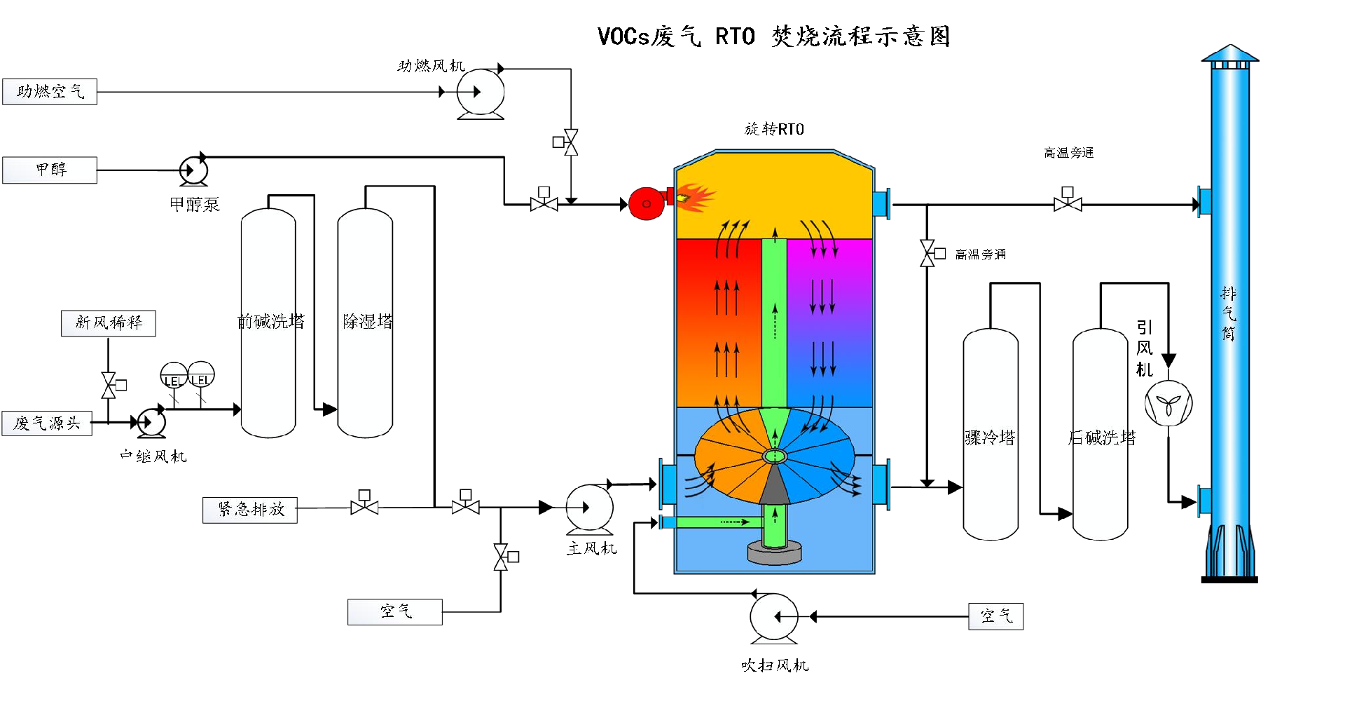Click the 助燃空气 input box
coord(50,92)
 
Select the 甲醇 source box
coord(50,170)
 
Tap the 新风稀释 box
coord(109,323)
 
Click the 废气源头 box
coord(47,423)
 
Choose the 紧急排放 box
coord(250,510)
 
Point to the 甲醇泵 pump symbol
coord(193,170)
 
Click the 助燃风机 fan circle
coord(481,92)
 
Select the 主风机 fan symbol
coord(589,508)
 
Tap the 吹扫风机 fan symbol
coord(773,617)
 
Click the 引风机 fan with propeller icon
coord(1168,403)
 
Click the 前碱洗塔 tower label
coord(271,322)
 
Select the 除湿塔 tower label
coord(368,322)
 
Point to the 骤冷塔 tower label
coord(990,438)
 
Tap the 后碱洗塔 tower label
coord(1102,438)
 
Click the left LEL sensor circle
coord(173,375)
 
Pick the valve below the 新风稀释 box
coord(109,385)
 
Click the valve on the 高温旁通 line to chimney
coord(1068,204)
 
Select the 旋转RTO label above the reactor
coord(774,129)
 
